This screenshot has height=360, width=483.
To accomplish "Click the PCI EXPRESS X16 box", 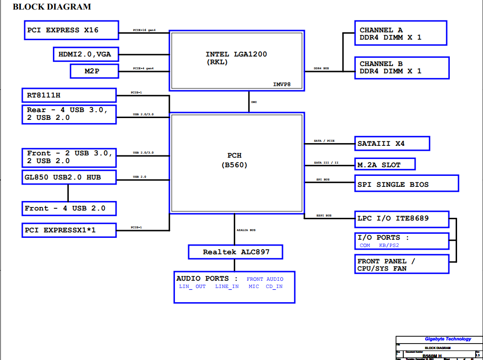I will click(71, 30).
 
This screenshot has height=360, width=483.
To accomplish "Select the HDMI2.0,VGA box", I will click(85, 54).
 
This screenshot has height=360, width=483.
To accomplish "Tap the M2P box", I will click(94, 71).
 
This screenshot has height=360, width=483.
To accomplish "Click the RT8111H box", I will click(69, 95).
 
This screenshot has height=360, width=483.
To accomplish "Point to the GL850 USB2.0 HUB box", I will click(69, 177).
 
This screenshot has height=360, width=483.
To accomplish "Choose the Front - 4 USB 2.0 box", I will click(69, 208).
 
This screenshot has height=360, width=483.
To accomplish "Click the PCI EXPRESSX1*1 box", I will click(69, 230).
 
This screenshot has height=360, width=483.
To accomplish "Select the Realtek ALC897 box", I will click(236, 252).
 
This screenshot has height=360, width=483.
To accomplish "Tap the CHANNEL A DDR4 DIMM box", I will click(401, 33).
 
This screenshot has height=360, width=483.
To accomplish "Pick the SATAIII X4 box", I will click(392, 144).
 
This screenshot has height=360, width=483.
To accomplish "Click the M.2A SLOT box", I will click(385, 164).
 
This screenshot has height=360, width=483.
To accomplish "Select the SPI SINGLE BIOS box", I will click(406, 184).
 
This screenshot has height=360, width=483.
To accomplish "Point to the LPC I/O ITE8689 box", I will click(402, 218).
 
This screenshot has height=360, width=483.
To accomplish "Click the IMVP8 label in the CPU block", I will click(282, 84).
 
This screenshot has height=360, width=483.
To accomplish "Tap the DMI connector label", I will click(254, 102).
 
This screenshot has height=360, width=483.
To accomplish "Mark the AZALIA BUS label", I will click(246, 230).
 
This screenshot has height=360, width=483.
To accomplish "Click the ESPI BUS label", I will click(324, 216).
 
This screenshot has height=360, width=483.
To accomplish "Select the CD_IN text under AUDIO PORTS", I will click(274, 287).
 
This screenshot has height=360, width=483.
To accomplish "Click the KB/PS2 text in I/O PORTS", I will click(389, 246).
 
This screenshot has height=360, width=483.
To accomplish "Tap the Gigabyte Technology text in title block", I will click(448, 339).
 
